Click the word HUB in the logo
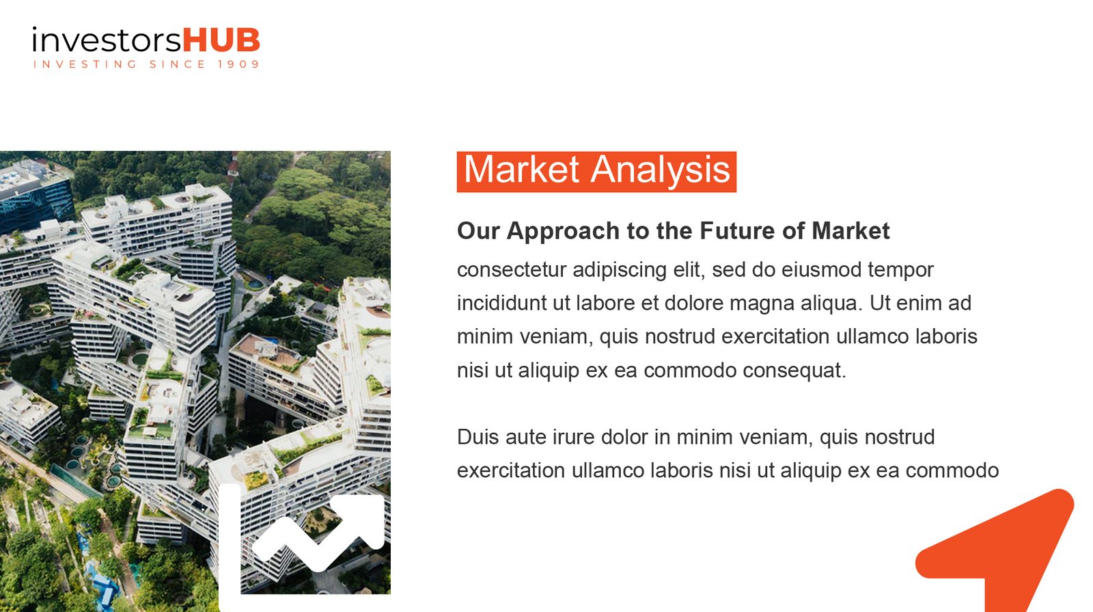[x=221, y=40]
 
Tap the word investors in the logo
[x=107, y=40]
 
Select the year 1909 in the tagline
[x=238, y=64]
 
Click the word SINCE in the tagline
[x=178, y=64]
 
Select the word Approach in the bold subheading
[x=563, y=232]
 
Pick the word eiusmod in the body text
[x=821, y=269]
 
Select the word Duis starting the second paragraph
[x=478, y=437]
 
